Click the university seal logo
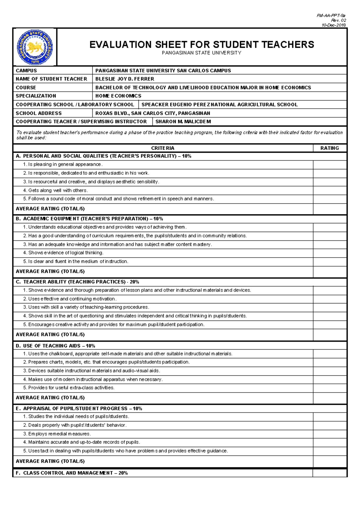35,47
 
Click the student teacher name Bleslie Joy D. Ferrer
124,79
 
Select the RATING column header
329,148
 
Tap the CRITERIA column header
163,148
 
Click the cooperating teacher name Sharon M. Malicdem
183,122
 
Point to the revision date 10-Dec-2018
334,25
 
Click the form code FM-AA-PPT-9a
331,15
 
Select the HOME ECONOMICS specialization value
118,96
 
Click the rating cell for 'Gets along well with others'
329,191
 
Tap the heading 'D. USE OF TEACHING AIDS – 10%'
55,346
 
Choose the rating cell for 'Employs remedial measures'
329,434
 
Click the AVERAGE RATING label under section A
50,209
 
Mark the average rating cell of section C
329,335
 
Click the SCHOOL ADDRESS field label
39,113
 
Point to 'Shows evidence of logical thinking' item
63,253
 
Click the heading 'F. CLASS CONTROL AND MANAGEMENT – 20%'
72,473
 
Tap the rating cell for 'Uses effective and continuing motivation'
329,299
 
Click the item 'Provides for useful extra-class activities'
69,388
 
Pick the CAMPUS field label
26,71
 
